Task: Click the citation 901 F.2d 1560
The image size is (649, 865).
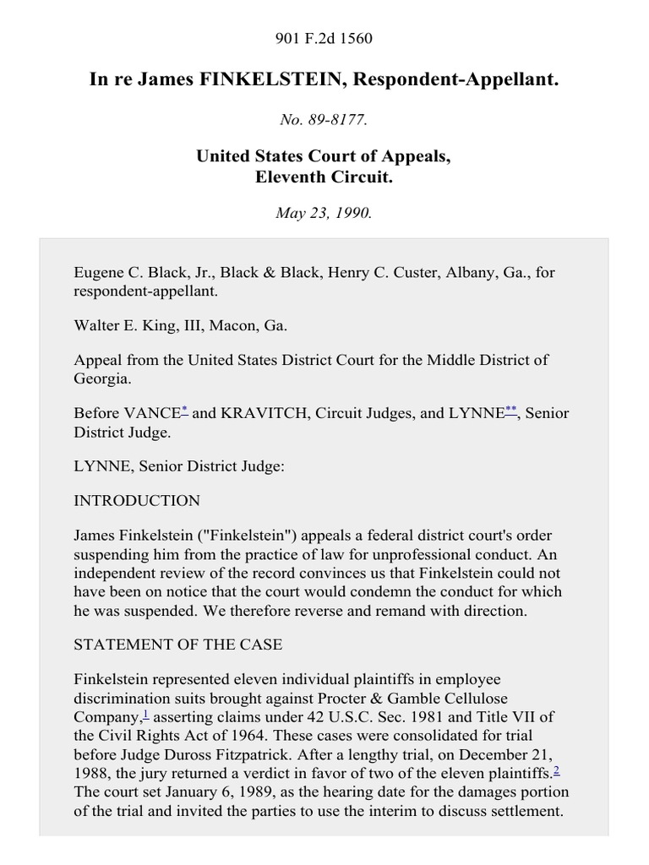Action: click(x=324, y=38)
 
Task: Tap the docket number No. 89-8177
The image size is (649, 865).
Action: click(x=324, y=119)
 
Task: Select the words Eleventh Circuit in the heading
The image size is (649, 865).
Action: click(x=324, y=177)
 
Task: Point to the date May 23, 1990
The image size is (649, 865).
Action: click(x=324, y=213)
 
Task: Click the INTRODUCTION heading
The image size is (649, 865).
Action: click(x=137, y=500)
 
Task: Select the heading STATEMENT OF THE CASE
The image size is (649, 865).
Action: click(x=178, y=645)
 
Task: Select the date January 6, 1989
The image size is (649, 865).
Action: click(x=205, y=792)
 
